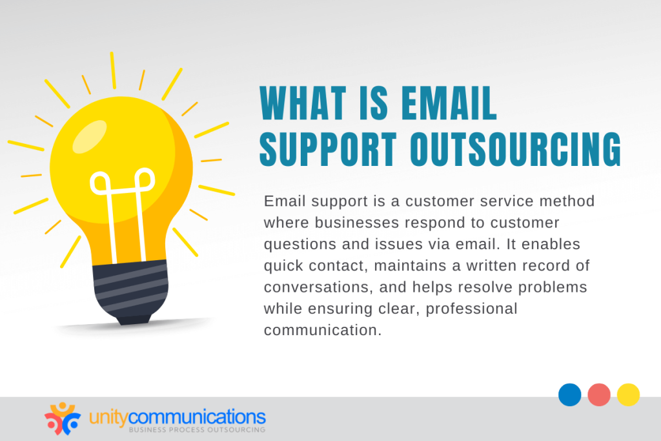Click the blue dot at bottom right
click(569, 395)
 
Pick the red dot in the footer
click(599, 395)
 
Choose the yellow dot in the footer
click(628, 395)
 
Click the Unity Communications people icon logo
click(63, 418)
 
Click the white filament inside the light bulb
click(122, 207)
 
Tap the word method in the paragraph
click(569, 201)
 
